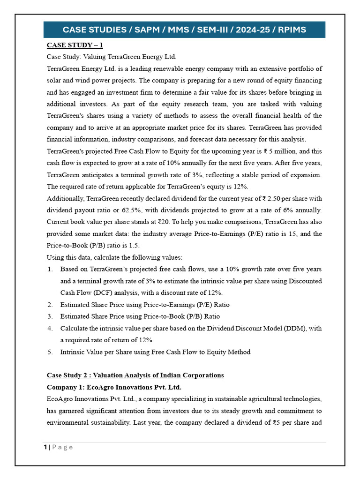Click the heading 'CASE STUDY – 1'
click(75, 45)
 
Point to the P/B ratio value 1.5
click(134, 245)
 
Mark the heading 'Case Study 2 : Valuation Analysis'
click(135, 375)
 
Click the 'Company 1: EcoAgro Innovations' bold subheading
click(114, 387)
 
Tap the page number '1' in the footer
click(45, 447)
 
